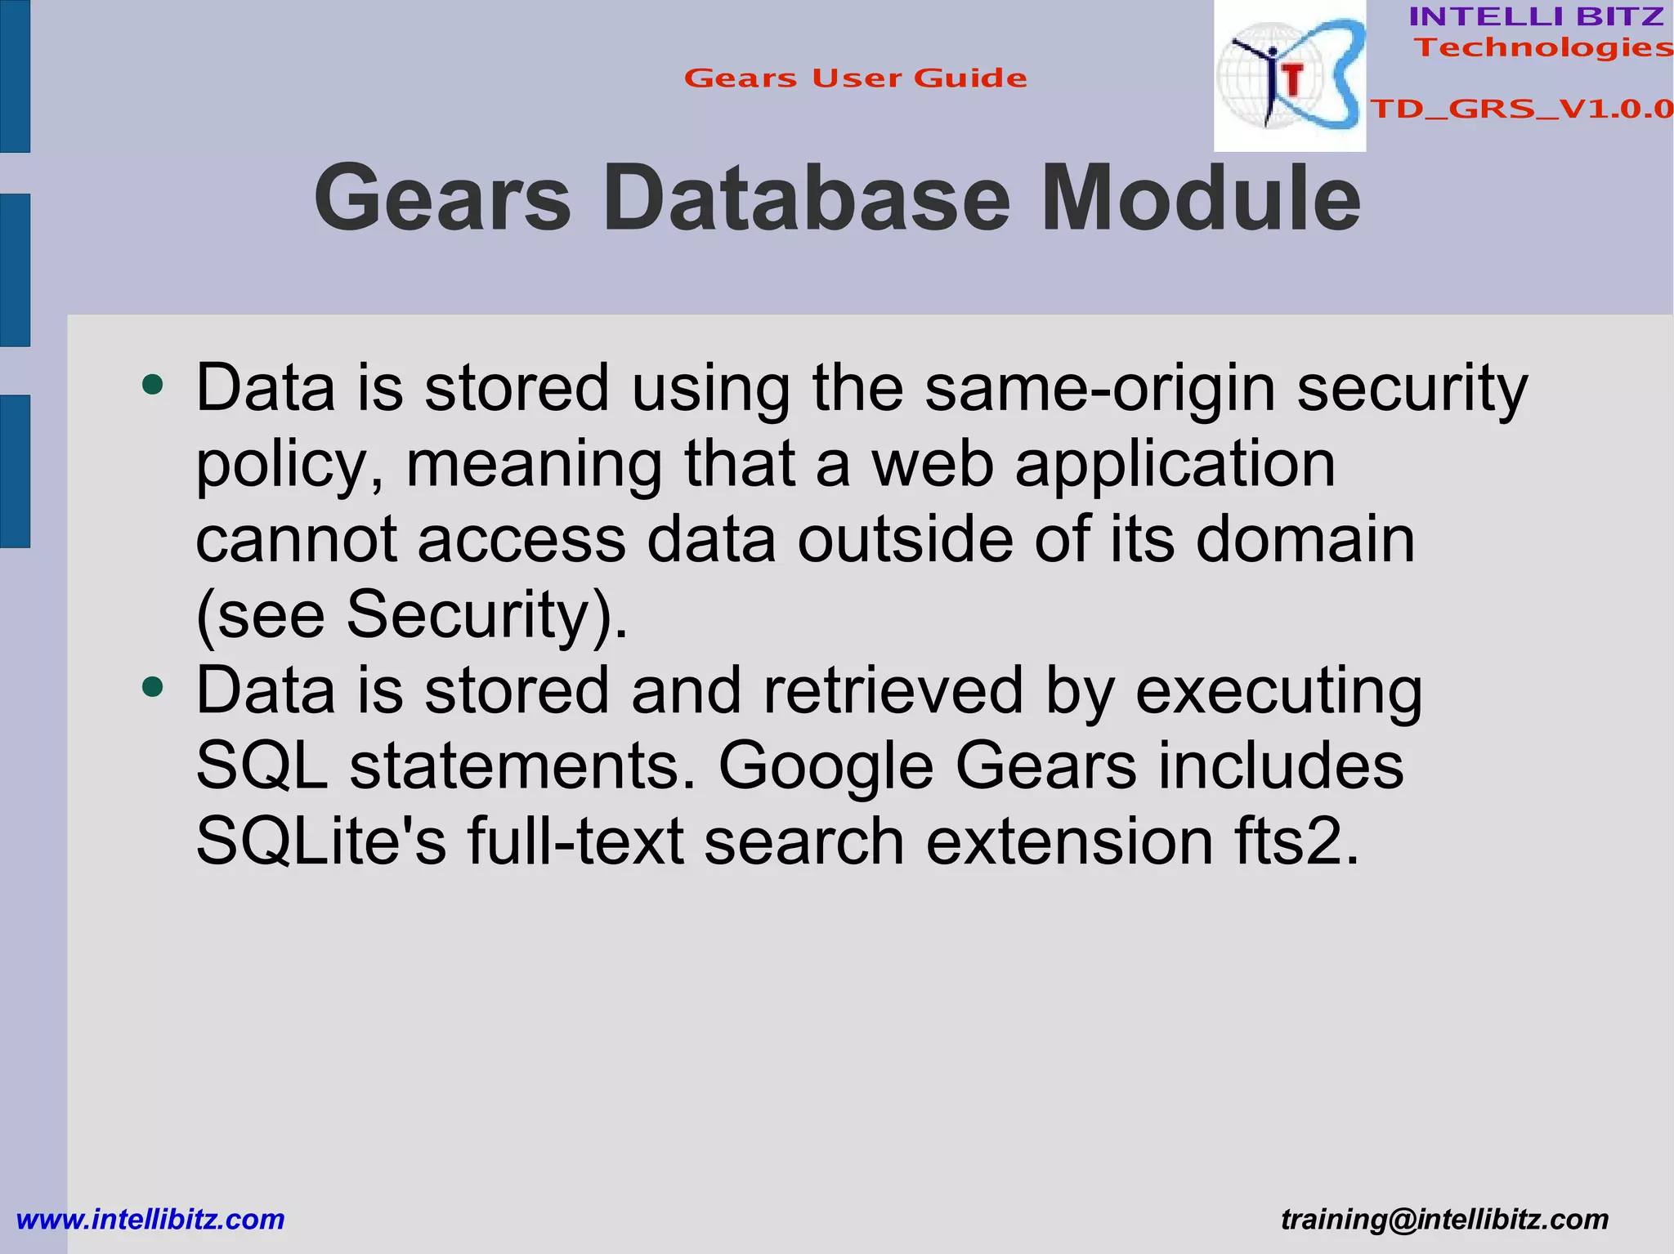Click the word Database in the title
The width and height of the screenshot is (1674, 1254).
pos(806,199)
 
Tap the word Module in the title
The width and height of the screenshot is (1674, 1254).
pos(1200,199)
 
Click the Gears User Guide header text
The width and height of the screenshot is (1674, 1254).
pos(855,78)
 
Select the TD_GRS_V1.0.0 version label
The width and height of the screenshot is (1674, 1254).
pos(1521,109)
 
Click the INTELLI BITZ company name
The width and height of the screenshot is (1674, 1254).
pos(1536,16)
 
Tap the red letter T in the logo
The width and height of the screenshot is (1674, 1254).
pos(1292,80)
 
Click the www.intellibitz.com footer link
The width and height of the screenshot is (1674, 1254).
pos(150,1220)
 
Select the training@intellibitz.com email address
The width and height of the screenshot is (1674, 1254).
pos(1444,1220)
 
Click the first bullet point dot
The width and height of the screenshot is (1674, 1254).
pos(153,384)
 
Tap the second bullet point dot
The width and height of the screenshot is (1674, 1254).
pos(153,686)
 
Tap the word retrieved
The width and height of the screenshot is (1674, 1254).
pos(893,690)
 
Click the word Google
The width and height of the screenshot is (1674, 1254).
pos(826,768)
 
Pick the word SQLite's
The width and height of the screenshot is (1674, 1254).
pos(320,841)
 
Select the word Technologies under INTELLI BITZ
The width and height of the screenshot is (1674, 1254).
pos(1543,47)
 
